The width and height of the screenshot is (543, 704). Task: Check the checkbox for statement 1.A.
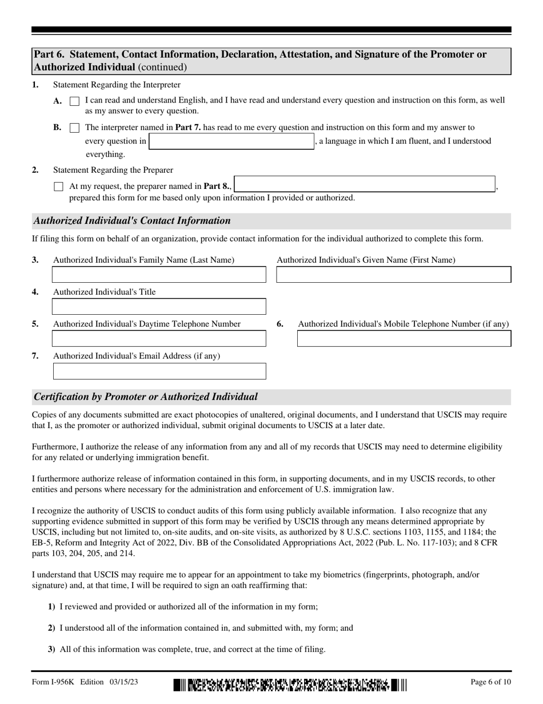point(74,101)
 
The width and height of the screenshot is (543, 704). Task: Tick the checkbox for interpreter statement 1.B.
point(74,128)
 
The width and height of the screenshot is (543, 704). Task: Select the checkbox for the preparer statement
point(58,187)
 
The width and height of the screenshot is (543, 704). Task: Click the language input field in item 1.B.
point(231,141)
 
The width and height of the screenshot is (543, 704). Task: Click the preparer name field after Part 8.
point(365,184)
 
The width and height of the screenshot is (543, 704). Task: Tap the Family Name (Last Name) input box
point(159,275)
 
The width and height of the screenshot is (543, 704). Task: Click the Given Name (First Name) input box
point(393,275)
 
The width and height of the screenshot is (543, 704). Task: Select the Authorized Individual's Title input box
point(159,307)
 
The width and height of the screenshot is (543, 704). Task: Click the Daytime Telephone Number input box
point(159,339)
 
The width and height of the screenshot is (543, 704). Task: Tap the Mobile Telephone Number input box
point(404,339)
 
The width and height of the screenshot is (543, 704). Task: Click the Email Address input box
point(159,371)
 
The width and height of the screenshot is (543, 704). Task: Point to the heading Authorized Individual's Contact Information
point(132,221)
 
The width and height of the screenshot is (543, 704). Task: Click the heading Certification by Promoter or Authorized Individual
point(146,397)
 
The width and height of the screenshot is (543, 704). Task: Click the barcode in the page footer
point(290,685)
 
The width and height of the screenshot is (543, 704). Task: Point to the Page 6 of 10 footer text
point(490,682)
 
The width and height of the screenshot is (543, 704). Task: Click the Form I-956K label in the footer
point(54,682)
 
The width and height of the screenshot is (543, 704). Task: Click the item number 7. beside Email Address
point(35,356)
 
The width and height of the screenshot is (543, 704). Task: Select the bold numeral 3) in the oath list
point(51,650)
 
